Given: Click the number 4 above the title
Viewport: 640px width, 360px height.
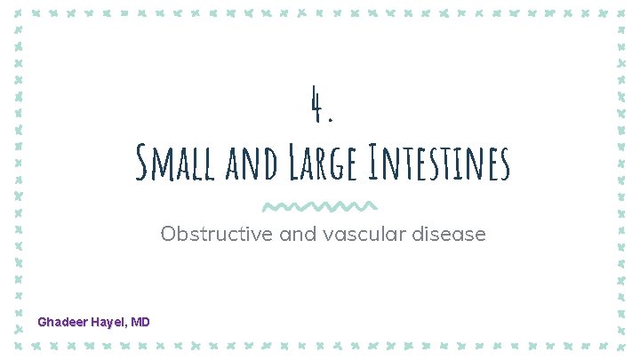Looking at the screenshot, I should tap(315, 106).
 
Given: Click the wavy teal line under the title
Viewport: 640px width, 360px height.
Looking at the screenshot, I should tap(320, 206).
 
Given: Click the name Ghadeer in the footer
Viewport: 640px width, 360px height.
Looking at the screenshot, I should tap(61, 321).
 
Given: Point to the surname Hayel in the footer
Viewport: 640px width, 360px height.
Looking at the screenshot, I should tap(108, 321).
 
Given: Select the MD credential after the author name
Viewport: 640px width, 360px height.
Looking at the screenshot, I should tap(140, 321).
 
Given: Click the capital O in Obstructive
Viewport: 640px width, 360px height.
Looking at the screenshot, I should tap(169, 235).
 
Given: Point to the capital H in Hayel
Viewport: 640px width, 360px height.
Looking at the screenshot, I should tap(93, 321).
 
